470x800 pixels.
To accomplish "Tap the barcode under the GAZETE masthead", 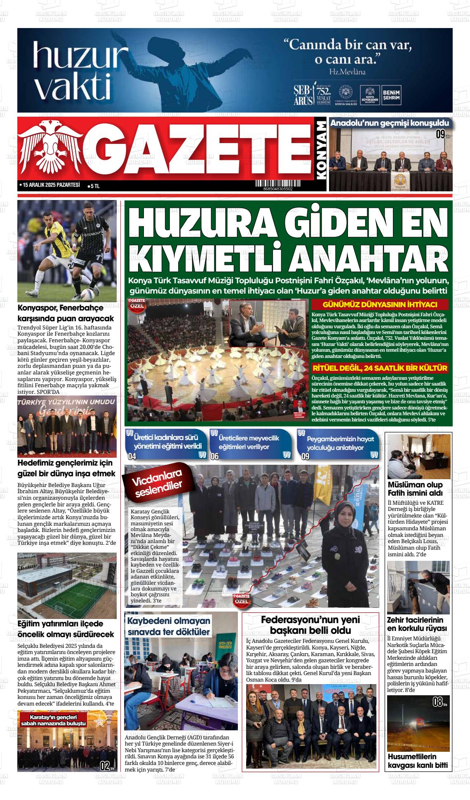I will point(277,184).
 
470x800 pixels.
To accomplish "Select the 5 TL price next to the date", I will point(94,186).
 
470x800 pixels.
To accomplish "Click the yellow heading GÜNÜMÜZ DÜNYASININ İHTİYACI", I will point(380,305).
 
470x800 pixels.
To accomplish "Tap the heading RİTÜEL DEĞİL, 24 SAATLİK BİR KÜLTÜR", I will point(380,368).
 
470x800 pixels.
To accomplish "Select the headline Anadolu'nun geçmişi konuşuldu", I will point(389,123).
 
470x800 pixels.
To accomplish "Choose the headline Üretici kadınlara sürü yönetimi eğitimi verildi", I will point(167,442).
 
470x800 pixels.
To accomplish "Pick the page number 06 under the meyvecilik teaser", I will point(214,456).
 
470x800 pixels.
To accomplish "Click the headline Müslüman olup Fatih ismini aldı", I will point(415,488).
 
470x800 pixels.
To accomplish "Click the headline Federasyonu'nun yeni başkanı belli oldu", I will point(310,625).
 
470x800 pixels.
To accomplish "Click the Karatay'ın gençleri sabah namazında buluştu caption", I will point(53,720).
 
